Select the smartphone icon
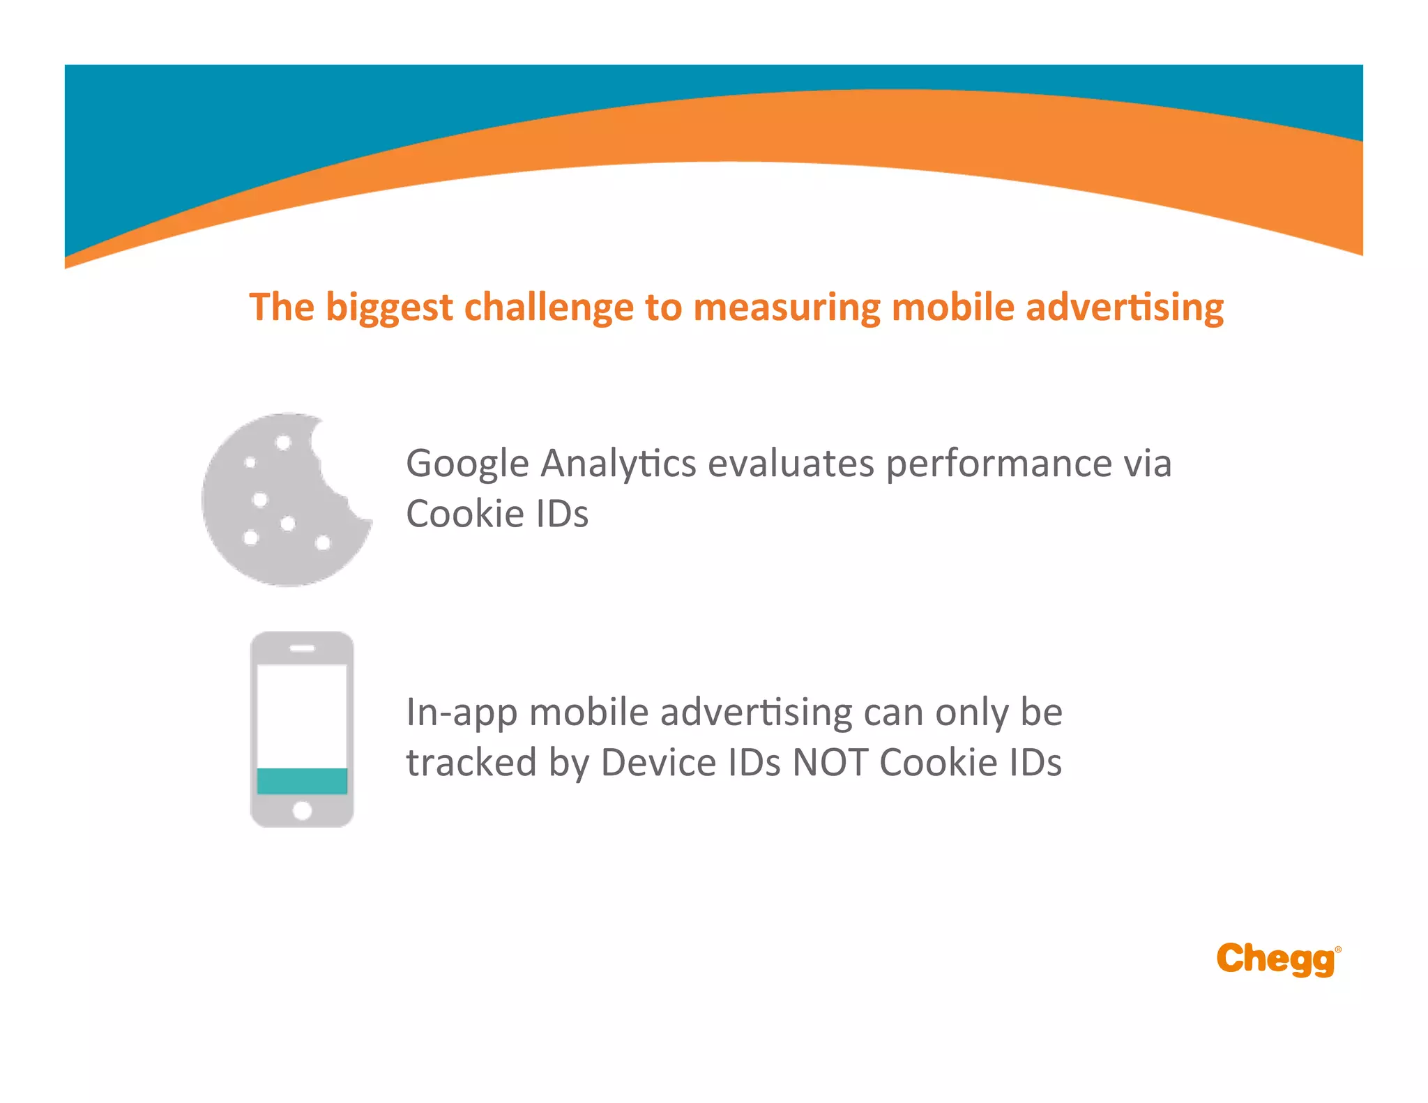coord(302,729)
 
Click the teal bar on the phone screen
coord(302,781)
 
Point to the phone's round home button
coord(302,810)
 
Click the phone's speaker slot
coord(302,648)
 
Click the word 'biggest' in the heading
coord(389,308)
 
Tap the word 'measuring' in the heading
coord(787,308)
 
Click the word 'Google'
coord(467,464)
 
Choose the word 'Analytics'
coord(618,464)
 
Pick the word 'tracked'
coord(471,762)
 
